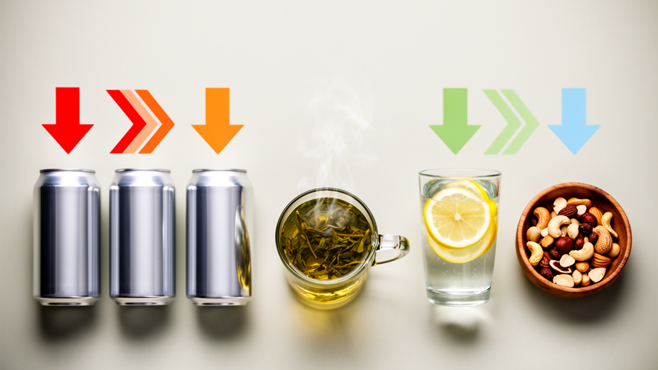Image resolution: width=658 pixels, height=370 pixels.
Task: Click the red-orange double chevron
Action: pyautogui.click(x=141, y=121)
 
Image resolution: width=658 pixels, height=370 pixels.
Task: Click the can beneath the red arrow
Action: pyautogui.click(x=67, y=236)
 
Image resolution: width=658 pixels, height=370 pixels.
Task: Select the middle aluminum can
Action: pyautogui.click(x=142, y=236)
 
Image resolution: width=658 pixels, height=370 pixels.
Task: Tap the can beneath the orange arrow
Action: pyautogui.click(x=219, y=236)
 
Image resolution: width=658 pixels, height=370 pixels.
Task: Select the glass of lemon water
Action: pyautogui.click(x=460, y=263)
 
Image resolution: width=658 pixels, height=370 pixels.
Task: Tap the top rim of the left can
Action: pyautogui.click(x=67, y=172)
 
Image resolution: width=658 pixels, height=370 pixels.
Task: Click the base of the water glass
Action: pyautogui.click(x=459, y=299)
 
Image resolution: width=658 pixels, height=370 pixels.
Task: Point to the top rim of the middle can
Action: pyautogui.click(x=143, y=172)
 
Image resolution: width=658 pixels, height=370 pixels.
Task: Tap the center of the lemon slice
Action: pyautogui.click(x=456, y=217)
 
